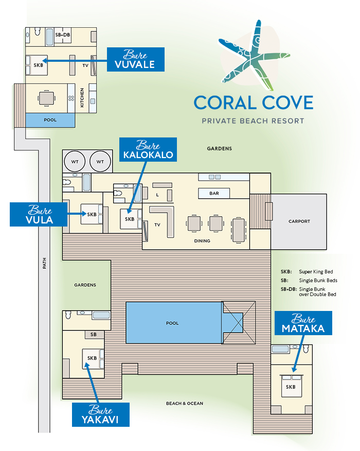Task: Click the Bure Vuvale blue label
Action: click(x=136, y=60)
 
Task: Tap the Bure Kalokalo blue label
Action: click(x=148, y=149)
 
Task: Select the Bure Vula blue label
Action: click(x=39, y=214)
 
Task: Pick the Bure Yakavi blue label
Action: click(x=101, y=414)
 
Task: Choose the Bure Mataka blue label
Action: click(x=303, y=323)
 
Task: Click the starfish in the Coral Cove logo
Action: click(x=254, y=56)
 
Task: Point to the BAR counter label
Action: click(x=214, y=193)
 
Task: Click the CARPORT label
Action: click(x=299, y=221)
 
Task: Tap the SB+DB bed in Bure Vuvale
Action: click(x=63, y=35)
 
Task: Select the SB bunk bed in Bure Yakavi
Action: click(x=94, y=335)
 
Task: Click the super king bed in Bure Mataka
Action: click(x=291, y=386)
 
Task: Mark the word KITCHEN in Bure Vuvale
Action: click(x=82, y=98)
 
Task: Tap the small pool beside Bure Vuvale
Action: click(x=50, y=120)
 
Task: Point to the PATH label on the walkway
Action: click(x=44, y=263)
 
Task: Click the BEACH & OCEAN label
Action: click(x=185, y=404)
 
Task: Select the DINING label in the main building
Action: click(x=202, y=241)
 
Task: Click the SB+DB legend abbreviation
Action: click(x=289, y=289)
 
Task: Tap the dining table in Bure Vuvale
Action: click(x=47, y=98)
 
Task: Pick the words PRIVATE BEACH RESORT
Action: click(x=253, y=121)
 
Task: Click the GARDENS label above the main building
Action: click(x=220, y=148)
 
